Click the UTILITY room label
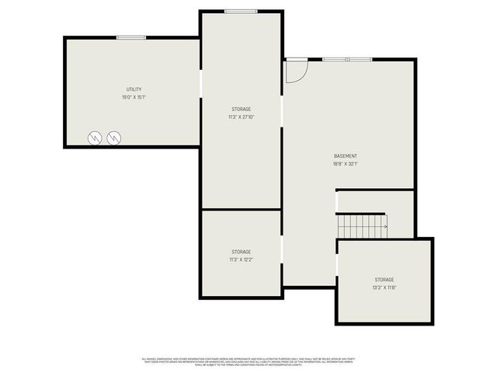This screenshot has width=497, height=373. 134,89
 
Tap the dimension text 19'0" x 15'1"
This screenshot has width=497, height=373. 134,97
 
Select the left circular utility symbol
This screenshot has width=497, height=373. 94,137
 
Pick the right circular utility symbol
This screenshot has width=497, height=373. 115,137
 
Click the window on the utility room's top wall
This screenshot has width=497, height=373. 131,37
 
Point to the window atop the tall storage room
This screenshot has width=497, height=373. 241,11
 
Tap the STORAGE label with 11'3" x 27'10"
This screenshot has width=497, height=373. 241,109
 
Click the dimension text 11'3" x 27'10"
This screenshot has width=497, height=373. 241,117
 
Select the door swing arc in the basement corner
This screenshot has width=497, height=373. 297,71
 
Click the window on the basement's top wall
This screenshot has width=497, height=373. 347,59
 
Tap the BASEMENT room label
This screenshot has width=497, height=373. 346,156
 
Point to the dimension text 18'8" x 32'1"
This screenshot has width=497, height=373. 346,164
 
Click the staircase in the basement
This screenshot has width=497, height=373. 362,226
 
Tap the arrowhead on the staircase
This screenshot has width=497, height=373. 384,226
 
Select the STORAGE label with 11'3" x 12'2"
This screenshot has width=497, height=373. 241,251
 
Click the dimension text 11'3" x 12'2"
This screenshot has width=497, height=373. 241,260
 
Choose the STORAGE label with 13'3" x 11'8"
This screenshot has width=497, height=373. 384,279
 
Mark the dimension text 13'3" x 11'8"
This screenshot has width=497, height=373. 384,288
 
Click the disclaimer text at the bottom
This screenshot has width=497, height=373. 248,362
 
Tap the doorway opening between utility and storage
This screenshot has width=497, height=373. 201,85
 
